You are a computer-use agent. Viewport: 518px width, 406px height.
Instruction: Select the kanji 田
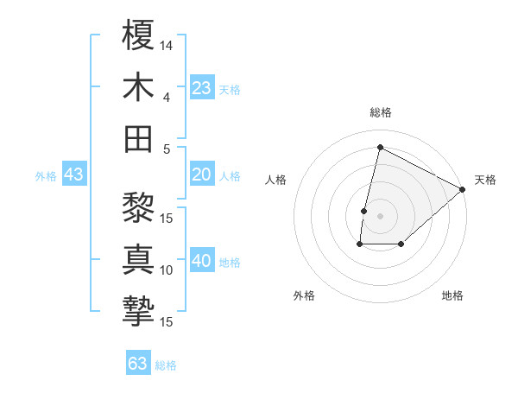(x=138, y=138)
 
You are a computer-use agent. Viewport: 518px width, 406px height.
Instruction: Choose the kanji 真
(x=138, y=259)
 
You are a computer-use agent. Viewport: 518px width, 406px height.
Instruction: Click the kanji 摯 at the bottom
(x=138, y=311)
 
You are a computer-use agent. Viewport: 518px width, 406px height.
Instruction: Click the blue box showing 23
(x=202, y=88)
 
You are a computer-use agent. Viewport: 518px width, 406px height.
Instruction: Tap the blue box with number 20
(x=202, y=175)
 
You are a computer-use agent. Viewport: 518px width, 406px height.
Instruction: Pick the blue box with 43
(x=74, y=175)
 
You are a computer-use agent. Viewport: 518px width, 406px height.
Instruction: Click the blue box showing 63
(x=138, y=364)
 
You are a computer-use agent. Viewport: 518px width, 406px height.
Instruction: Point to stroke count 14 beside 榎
(x=167, y=44)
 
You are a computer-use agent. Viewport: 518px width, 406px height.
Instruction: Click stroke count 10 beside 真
(x=167, y=270)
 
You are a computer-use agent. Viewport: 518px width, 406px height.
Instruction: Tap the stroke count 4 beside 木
(x=166, y=97)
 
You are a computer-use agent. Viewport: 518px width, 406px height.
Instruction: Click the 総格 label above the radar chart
(x=380, y=113)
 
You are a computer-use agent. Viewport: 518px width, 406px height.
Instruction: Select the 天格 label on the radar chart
(x=485, y=180)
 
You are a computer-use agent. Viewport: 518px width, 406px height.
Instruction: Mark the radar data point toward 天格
(x=463, y=189)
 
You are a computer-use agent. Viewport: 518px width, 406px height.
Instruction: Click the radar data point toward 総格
(x=380, y=147)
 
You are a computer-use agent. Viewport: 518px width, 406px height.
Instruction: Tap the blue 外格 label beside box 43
(x=46, y=176)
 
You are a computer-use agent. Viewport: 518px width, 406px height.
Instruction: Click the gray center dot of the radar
(x=380, y=216)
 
